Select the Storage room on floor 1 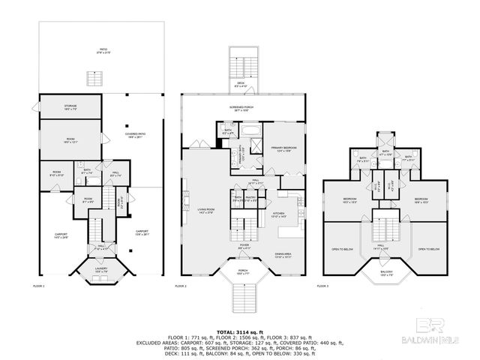[x=70, y=106]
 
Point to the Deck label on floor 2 [x=241, y=85]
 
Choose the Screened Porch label [x=241, y=109]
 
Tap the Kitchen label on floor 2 [x=279, y=214]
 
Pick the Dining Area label [x=284, y=256]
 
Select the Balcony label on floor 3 [x=387, y=274]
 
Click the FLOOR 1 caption [x=39, y=286]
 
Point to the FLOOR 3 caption [x=323, y=286]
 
